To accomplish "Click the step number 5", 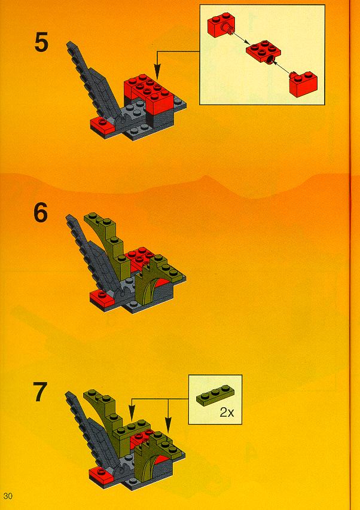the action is (x=41, y=43).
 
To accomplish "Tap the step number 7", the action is (x=40, y=392).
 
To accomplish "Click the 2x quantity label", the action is (x=227, y=413).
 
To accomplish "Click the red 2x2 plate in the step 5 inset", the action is (x=263, y=51).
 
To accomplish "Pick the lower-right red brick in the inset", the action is (x=303, y=84).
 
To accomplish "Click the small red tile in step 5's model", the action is (x=102, y=124).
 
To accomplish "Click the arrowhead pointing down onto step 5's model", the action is (x=157, y=74).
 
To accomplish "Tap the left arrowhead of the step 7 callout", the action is (x=132, y=416).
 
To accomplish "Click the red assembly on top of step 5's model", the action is (x=150, y=93).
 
